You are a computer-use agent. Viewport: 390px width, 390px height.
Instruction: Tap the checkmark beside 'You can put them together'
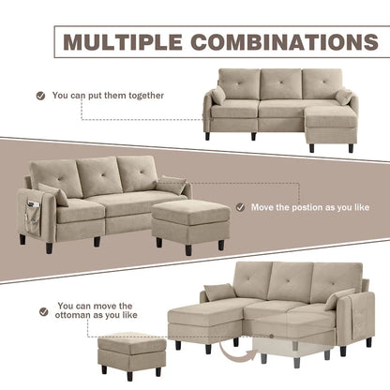[x=40, y=95]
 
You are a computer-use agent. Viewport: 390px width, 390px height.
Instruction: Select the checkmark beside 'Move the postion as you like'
[x=241, y=207]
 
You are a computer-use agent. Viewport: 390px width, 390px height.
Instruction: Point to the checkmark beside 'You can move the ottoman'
[x=40, y=310]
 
